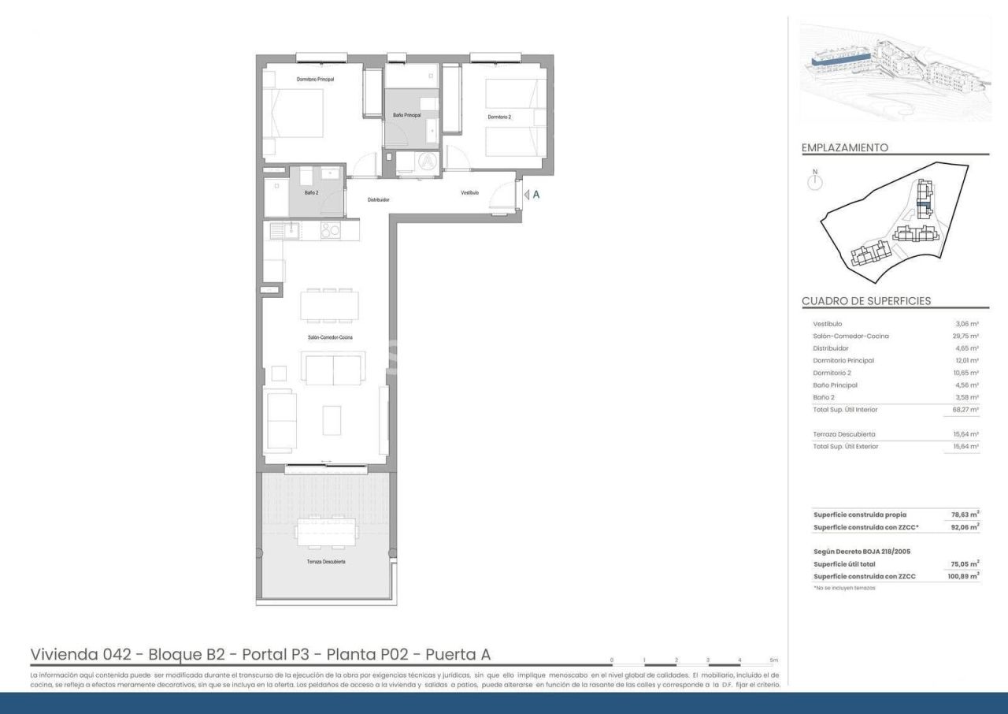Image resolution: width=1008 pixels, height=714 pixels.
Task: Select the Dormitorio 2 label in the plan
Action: pos(499,117)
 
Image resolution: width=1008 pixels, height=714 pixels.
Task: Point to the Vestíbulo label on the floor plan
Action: pos(470,192)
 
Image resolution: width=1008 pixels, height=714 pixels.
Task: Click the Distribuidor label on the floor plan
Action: pos(378,199)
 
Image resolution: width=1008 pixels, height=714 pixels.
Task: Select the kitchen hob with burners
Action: pos(331,230)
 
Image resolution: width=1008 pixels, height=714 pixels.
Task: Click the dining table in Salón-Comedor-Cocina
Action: pos(329,306)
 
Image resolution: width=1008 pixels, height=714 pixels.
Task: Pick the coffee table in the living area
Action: pos(332,420)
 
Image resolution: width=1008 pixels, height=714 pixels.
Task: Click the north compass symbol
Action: pos(815,182)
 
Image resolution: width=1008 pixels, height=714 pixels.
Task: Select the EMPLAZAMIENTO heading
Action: pos(844,147)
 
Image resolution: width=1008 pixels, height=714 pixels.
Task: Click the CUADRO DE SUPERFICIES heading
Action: pos(865,301)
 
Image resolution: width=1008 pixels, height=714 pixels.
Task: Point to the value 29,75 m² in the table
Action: pos(965,337)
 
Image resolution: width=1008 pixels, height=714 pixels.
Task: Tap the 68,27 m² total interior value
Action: pos(965,410)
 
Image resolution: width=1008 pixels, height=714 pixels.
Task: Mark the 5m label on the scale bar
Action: pos(773,660)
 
